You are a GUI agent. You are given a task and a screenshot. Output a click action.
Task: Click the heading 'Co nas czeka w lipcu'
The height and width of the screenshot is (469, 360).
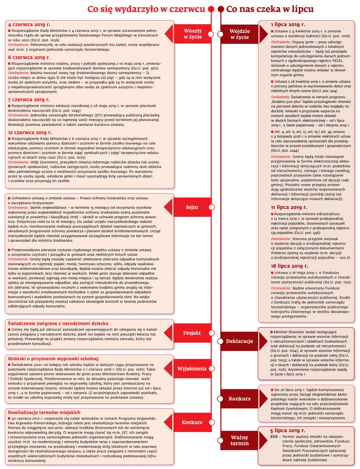(270, 9)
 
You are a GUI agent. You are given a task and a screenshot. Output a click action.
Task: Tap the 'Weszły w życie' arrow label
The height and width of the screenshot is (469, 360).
(193, 34)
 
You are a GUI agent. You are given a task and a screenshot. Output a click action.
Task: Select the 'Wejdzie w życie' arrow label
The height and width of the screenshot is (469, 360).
(239, 34)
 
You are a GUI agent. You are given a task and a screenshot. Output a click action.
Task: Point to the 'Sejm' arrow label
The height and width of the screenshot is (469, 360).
(192, 207)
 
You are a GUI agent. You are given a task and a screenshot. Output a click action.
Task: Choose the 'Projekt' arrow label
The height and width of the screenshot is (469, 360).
(192, 333)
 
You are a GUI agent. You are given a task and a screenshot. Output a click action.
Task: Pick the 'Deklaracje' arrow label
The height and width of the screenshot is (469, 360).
(239, 341)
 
